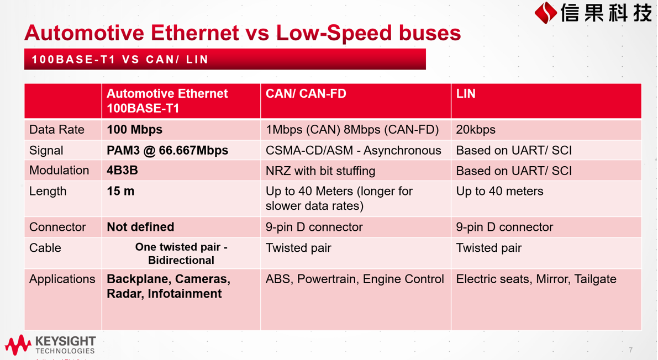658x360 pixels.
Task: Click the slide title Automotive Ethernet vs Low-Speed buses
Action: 243,33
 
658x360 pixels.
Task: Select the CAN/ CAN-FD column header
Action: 306,93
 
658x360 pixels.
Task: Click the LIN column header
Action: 466,93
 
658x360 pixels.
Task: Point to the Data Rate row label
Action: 57,130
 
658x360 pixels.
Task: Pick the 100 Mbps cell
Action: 134,130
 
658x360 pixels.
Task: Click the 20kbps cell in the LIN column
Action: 476,130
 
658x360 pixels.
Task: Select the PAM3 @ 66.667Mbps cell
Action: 167,150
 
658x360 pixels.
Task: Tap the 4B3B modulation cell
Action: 122,171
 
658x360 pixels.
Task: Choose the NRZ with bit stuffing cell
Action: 320,171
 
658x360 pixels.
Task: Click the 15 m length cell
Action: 120,192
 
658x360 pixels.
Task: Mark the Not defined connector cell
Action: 140,227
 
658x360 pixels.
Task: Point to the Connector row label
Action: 57,227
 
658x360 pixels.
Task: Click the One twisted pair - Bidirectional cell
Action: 181,253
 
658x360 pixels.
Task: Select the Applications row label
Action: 62,279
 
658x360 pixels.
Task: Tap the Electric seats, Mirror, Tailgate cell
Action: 536,279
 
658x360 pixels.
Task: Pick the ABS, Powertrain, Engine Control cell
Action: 355,279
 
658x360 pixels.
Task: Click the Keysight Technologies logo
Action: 50,345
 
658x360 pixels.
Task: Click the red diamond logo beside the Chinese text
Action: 545,13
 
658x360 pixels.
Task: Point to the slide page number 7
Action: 631,350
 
